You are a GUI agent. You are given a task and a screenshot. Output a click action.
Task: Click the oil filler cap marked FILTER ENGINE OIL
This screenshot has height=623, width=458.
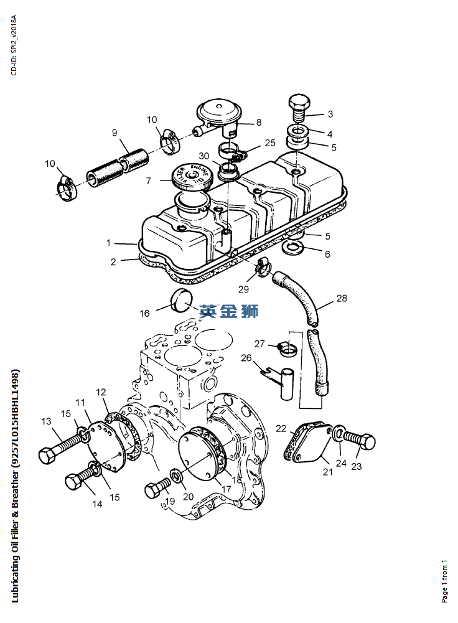(x=192, y=177)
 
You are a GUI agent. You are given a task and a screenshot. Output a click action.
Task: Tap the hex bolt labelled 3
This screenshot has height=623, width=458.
(x=299, y=108)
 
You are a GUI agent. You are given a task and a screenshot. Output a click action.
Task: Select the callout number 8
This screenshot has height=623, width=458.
(x=259, y=122)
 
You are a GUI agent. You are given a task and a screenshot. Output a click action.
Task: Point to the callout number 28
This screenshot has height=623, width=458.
(x=342, y=298)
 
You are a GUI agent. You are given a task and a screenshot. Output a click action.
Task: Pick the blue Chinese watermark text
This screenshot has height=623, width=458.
(x=229, y=311)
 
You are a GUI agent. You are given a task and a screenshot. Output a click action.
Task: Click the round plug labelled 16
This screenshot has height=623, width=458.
(x=181, y=301)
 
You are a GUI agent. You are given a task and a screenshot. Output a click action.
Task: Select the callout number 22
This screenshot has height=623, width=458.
(x=281, y=428)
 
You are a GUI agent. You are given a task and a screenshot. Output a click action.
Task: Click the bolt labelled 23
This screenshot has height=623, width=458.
(x=359, y=440)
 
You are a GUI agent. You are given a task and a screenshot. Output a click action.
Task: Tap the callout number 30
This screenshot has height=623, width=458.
(x=203, y=156)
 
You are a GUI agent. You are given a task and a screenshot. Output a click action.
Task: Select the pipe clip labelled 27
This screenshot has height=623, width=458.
(x=287, y=349)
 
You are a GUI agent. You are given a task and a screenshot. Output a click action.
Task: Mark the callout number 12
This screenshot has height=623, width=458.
(x=101, y=392)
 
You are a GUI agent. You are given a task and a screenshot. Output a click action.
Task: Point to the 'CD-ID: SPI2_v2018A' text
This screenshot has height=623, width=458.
(x=14, y=45)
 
